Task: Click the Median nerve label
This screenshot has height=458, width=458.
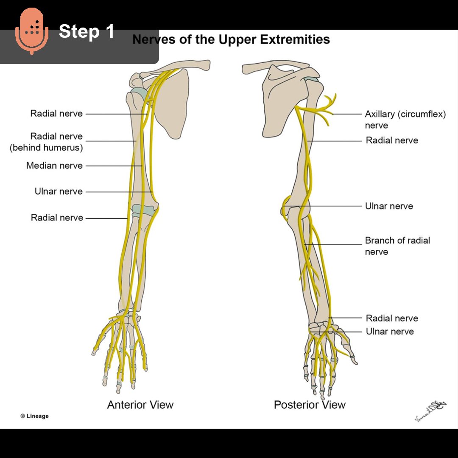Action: (54, 166)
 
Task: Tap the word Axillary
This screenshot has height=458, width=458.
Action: (380, 114)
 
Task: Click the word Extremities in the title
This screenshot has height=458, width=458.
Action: (295, 40)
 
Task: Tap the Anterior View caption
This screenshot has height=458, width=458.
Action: (140, 405)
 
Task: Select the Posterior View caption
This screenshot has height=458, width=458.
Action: (310, 405)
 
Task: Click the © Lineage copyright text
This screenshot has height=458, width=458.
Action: (35, 416)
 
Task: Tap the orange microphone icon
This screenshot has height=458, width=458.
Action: (32, 31)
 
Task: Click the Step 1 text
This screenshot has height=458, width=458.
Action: (87, 31)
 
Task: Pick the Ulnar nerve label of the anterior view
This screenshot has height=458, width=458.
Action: (59, 192)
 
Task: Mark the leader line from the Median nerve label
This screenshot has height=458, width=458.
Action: (114, 166)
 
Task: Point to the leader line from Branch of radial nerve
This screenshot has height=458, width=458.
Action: (335, 244)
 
